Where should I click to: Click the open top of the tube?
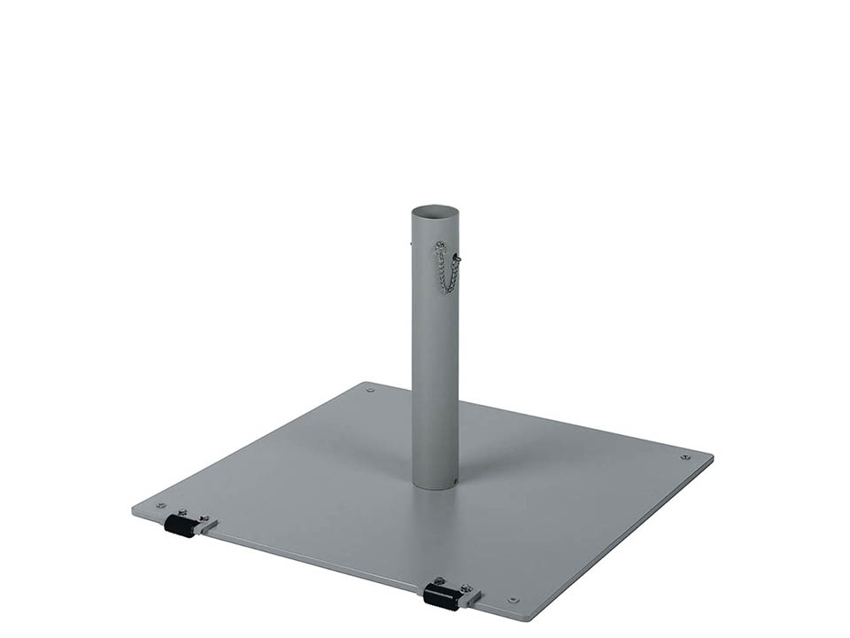(x=435, y=213)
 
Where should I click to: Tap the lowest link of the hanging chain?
(x=447, y=290)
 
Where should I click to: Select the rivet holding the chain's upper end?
(x=437, y=244)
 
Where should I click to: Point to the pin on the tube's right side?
(x=457, y=259)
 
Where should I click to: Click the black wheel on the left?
(x=179, y=526)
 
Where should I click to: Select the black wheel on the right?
(x=440, y=597)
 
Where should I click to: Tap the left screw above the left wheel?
(x=182, y=512)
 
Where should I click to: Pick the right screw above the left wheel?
(x=204, y=517)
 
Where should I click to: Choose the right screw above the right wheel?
(x=466, y=587)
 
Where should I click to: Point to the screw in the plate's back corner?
(x=370, y=390)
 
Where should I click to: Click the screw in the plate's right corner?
(x=684, y=457)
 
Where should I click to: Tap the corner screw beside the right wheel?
(x=513, y=600)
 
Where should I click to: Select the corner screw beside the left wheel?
(x=160, y=506)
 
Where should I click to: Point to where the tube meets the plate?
(x=435, y=486)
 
